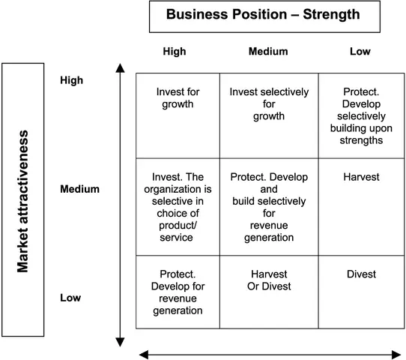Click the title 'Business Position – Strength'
(x=263, y=14)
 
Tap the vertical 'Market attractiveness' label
(x=22, y=201)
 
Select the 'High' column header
(x=175, y=51)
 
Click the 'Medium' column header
(x=268, y=51)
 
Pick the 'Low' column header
(x=360, y=51)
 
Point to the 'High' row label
(x=71, y=80)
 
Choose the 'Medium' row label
(x=79, y=189)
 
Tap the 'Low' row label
(x=70, y=298)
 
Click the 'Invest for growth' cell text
(x=178, y=98)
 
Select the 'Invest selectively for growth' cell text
(x=269, y=104)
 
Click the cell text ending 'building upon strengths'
(x=361, y=115)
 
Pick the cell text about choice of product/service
(x=178, y=207)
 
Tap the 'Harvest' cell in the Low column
(x=361, y=177)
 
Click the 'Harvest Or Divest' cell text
(x=269, y=280)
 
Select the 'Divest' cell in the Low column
(x=361, y=274)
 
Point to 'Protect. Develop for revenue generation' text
(x=178, y=292)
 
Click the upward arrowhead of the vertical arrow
(x=120, y=68)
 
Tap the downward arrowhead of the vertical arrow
(x=120, y=342)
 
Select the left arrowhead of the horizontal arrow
(x=144, y=355)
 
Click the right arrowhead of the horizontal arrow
(x=396, y=355)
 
